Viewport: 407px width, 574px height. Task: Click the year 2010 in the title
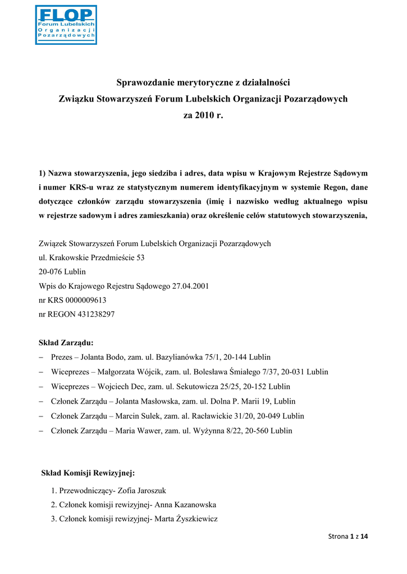click(x=203, y=116)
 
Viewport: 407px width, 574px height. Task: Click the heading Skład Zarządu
click(x=66, y=342)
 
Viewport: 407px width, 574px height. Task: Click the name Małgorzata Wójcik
click(x=128, y=372)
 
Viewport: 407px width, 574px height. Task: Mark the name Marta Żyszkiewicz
click(x=189, y=520)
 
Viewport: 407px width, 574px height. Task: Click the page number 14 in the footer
click(x=364, y=537)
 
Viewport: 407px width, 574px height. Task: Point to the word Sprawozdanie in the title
click(x=147, y=83)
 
